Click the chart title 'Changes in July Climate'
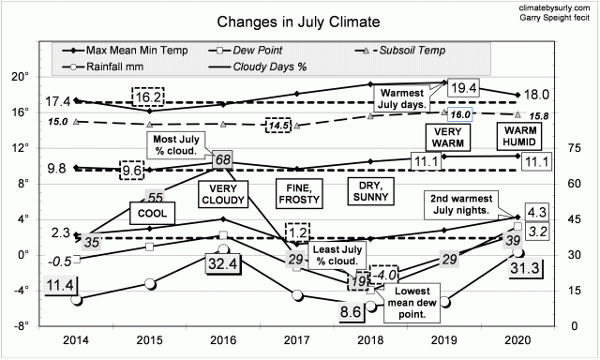[x=275, y=21]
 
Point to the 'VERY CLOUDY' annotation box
[x=223, y=194]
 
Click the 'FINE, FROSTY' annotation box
[x=297, y=194]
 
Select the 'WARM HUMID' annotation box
[x=521, y=137]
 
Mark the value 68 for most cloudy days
[x=223, y=160]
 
